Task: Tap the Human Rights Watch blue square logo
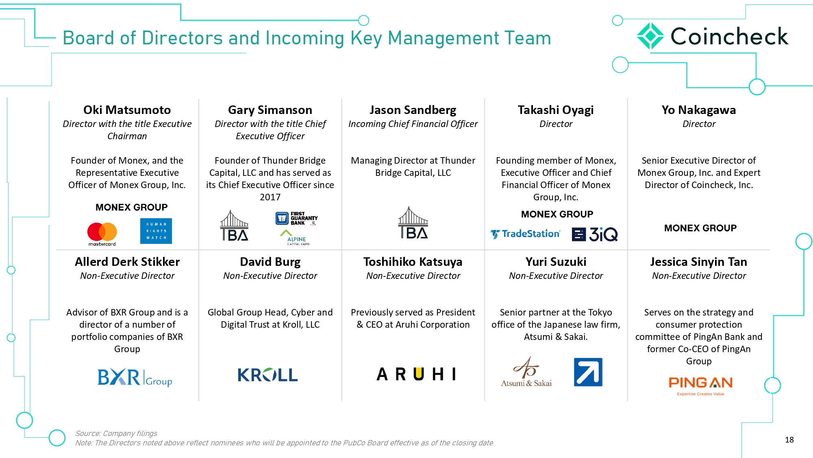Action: point(156,231)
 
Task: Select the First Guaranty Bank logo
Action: point(296,219)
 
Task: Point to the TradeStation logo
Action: point(525,234)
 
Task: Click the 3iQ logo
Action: point(595,234)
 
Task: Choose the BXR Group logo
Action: point(135,377)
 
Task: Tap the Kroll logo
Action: point(267,375)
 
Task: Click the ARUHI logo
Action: point(416,374)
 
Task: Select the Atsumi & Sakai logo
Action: point(526,372)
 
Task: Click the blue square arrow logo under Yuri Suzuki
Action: point(588,372)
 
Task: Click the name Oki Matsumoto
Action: point(127,110)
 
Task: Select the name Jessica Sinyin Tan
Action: point(699,262)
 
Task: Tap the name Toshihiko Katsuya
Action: point(413,262)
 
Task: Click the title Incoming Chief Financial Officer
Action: point(413,124)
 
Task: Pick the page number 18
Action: point(789,440)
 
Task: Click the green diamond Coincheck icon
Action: point(650,36)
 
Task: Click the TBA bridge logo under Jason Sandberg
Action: point(413,223)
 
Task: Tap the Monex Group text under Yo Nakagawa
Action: point(700,228)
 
